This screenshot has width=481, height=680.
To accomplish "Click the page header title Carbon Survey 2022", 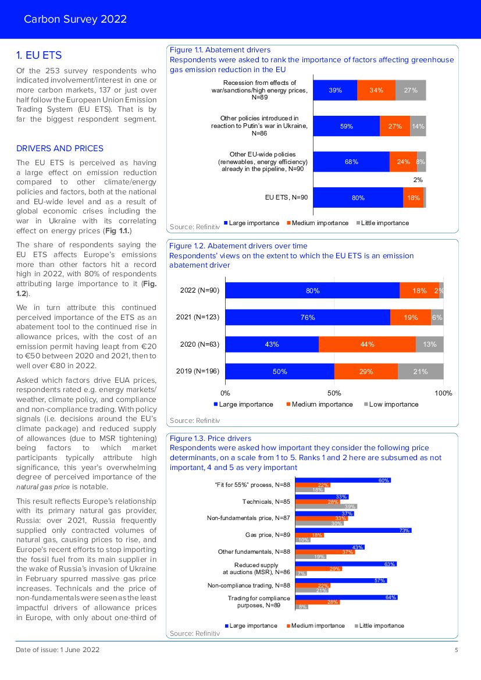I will [75, 19].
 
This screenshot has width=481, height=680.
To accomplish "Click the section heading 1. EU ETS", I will [39, 55].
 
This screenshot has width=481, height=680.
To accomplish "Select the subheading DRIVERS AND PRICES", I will [60, 148].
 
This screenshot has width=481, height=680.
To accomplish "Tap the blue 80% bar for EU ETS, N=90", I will [358, 198].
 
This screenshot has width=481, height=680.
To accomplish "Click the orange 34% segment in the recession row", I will [376, 90].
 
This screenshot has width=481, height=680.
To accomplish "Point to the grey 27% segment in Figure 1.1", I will [411, 90].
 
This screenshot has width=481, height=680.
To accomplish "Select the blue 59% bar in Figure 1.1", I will [346, 126].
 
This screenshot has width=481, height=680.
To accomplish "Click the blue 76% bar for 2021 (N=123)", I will [308, 317].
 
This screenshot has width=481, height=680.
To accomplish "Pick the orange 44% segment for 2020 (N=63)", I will [366, 344].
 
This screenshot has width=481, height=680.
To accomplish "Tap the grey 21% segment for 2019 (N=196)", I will [420, 371].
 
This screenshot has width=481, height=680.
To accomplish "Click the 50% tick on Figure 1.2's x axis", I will [334, 393].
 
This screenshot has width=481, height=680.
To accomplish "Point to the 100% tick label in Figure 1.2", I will [443, 393].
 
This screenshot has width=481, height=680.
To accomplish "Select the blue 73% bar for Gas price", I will [353, 531].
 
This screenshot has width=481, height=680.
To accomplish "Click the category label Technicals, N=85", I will [266, 501].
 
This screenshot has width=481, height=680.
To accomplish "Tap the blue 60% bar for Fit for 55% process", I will [343, 480].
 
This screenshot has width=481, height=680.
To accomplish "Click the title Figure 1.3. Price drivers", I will [210, 438].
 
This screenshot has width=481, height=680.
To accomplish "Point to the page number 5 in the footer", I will [456, 650].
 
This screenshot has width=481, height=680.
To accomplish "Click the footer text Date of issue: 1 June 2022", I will [58, 650].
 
